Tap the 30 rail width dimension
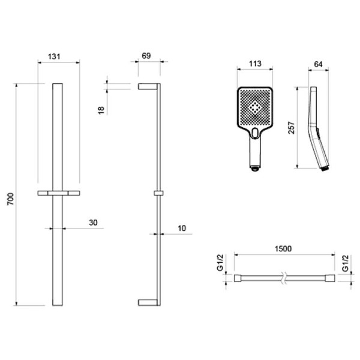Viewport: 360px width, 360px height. click(x=93, y=223)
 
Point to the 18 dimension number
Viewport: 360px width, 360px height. click(x=101, y=109)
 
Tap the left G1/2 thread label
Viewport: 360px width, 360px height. click(x=220, y=262)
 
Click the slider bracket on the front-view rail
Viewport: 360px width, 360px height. click(x=58, y=193)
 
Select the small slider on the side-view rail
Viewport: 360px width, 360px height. click(x=158, y=193)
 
